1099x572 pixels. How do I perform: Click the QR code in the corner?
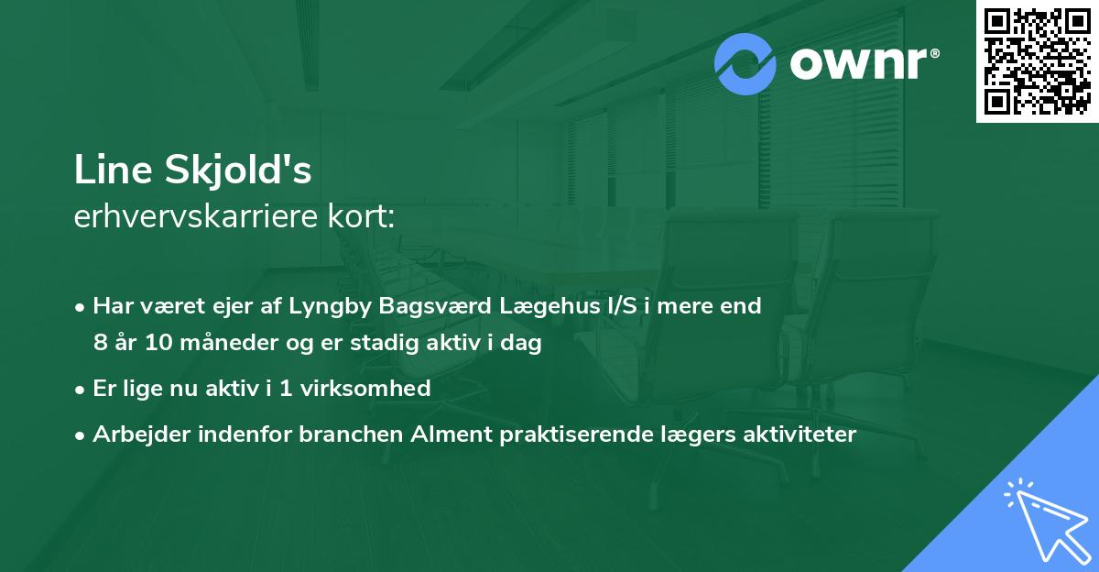[1038, 60]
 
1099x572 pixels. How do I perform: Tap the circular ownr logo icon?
[745, 63]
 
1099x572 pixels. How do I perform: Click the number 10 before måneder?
[154, 345]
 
